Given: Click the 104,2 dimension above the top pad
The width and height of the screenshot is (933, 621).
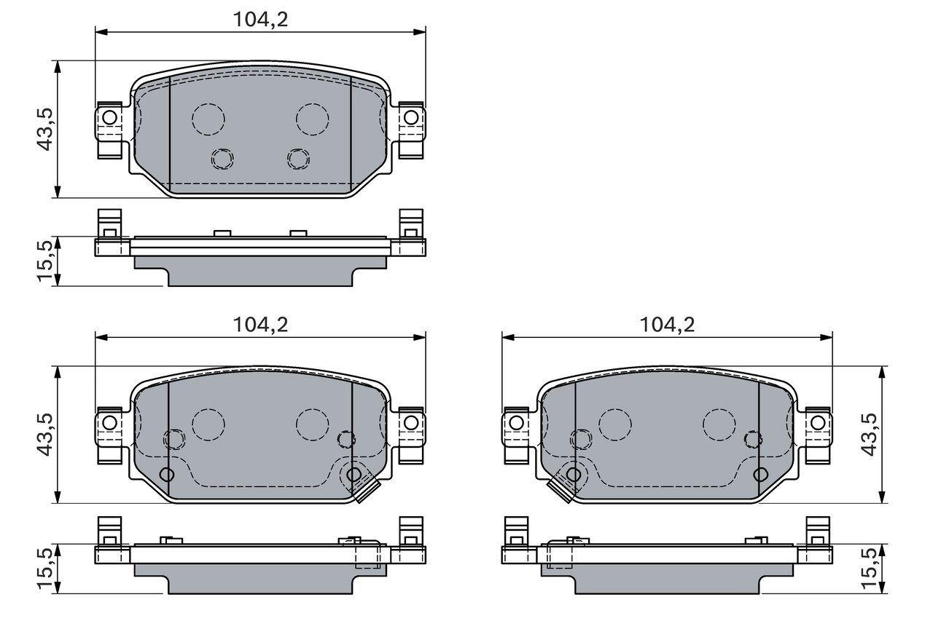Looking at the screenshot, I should tap(260, 20).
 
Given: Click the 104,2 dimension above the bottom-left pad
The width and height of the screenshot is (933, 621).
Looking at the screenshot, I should tap(260, 325).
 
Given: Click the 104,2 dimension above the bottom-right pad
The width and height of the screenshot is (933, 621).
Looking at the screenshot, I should tap(667, 325).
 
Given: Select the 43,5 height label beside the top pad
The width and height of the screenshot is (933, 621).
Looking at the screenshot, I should tap(45, 129).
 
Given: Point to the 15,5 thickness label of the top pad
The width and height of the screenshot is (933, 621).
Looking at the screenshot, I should tap(45, 261).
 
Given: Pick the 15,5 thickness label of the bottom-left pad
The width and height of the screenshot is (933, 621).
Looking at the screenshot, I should tap(45, 568).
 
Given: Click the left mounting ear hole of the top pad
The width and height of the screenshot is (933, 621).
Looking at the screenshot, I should tap(109, 116).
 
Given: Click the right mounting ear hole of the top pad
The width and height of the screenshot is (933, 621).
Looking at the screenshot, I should tap(411, 116).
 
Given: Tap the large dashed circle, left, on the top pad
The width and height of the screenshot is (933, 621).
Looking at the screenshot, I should tap(208, 118).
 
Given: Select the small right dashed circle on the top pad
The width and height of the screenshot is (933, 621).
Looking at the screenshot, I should tap(298, 158).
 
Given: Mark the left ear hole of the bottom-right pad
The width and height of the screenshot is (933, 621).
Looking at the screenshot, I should tap(516, 422).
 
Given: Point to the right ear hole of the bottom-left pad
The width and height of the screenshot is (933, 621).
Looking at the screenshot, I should tap(411, 422).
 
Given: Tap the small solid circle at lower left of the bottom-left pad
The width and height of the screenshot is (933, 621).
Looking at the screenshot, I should tap(167, 475).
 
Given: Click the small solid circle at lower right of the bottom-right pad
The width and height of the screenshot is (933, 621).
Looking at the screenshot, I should tap(760, 475).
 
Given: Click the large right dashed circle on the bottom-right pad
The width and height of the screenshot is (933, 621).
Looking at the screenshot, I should tap(719, 424).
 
